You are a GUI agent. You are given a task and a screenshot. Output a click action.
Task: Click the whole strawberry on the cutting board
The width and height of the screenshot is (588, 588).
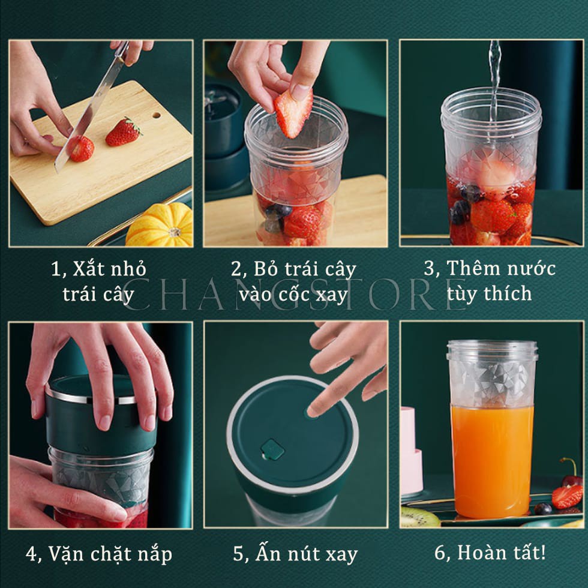click(123, 131)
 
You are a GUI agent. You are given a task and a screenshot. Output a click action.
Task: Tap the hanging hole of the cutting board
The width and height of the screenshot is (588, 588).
click(157, 115)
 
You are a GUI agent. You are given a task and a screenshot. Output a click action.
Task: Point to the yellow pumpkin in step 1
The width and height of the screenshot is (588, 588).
click(160, 224)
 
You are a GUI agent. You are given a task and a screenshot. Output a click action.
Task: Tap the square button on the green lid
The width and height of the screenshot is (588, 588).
click(272, 449)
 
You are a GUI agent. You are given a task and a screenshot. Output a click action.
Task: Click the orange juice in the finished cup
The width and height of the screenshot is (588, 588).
click(492, 461)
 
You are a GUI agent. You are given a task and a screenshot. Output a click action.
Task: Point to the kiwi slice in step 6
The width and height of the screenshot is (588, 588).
click(420, 517)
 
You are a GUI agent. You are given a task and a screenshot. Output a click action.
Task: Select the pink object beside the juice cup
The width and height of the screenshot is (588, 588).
click(411, 450)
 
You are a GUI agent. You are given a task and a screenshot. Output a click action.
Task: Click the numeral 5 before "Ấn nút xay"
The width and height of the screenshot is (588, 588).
click(239, 554)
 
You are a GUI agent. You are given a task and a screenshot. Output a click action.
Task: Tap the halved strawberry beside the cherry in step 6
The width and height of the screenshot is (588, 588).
click(566, 497)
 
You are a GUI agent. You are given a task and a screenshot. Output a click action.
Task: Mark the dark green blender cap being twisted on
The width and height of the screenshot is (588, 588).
click(101, 414)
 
